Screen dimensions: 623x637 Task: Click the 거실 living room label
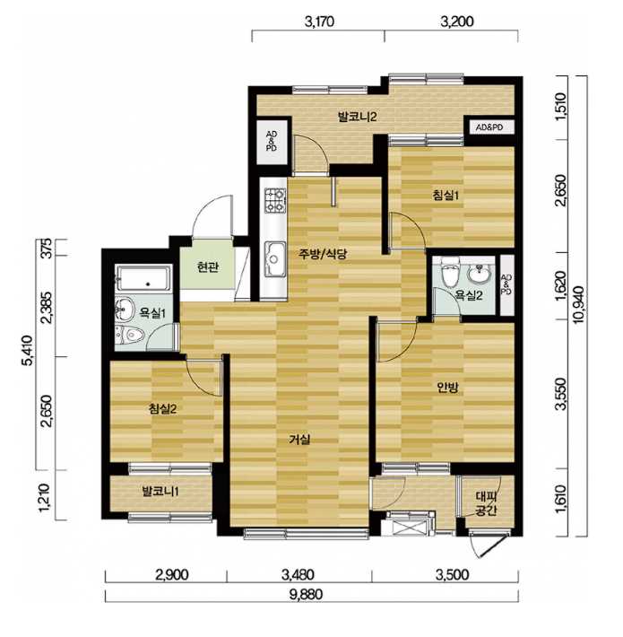(300, 439)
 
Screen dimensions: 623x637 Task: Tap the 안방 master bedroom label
(447, 388)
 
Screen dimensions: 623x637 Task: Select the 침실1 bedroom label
(446, 196)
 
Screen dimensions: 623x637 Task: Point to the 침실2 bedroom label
(162, 409)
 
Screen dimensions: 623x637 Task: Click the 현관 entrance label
(207, 267)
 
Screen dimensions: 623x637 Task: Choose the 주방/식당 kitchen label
(323, 254)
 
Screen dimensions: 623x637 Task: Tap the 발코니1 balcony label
(160, 492)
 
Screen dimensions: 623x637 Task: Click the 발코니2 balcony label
(357, 117)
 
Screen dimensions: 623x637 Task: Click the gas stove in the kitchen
(274, 201)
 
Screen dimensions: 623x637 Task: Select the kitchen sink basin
(275, 258)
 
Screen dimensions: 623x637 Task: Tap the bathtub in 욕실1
(143, 278)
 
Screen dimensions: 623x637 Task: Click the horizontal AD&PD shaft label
(489, 127)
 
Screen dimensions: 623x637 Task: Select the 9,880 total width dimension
(307, 595)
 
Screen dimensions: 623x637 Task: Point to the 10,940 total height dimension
(579, 305)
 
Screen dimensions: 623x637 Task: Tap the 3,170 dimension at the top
(319, 22)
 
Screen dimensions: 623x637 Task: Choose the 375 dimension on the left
(48, 248)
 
